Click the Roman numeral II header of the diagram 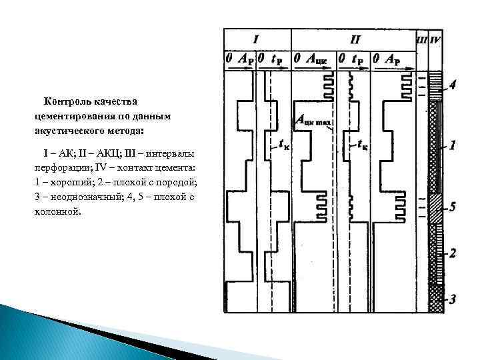click(x=355, y=39)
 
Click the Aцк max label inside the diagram click(x=313, y=121)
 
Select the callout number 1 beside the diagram click(x=453, y=144)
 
